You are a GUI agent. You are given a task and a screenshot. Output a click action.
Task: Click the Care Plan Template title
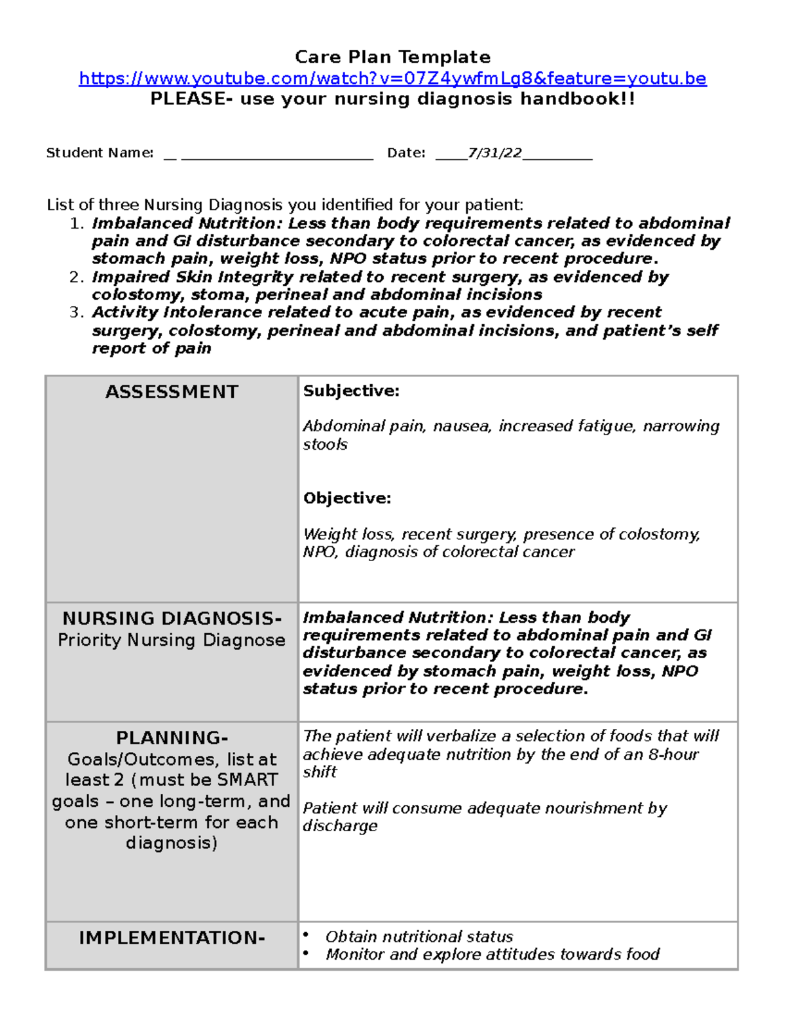[x=392, y=57]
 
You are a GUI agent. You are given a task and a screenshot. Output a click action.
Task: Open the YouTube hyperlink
[x=392, y=79]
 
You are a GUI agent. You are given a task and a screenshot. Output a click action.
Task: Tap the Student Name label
[x=100, y=153]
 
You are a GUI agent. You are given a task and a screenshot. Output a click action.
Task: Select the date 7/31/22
[x=495, y=153]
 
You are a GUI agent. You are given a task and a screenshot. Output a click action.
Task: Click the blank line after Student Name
[x=276, y=156]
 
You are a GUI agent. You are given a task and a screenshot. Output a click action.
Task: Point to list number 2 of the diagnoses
[x=76, y=277]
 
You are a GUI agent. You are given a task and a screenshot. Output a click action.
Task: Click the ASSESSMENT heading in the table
[x=172, y=392]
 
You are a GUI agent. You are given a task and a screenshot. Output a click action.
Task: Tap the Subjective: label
[x=351, y=391]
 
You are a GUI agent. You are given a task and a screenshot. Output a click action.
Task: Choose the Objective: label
[x=346, y=498]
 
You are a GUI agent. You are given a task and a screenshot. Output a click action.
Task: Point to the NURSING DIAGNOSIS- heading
[x=172, y=618]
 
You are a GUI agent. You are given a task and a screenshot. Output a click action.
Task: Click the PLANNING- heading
[x=172, y=738]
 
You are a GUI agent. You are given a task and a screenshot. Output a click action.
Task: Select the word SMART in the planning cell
[x=247, y=780]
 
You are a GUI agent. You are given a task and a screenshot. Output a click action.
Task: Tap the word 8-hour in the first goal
[x=673, y=754]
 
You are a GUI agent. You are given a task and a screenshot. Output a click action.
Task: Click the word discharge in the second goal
[x=340, y=826]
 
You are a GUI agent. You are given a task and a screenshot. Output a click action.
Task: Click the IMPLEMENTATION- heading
[x=172, y=938]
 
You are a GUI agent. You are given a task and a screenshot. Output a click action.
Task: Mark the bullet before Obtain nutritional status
[x=306, y=935]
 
